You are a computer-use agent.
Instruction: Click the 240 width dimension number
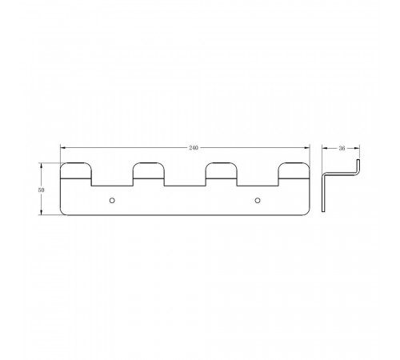[x=194, y=148]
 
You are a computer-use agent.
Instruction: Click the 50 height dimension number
[x=41, y=190]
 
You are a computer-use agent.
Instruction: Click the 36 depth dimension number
[x=342, y=148]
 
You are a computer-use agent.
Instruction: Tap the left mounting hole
[x=112, y=200]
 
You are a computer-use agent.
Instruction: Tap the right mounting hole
[x=258, y=200]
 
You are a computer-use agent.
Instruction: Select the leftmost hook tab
[x=76, y=170]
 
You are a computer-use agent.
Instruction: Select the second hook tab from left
[x=149, y=170]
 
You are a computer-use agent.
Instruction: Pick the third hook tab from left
[x=222, y=170]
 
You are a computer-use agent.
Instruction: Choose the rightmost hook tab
[x=294, y=170]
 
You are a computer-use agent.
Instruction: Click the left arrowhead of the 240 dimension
[x=63, y=147]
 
